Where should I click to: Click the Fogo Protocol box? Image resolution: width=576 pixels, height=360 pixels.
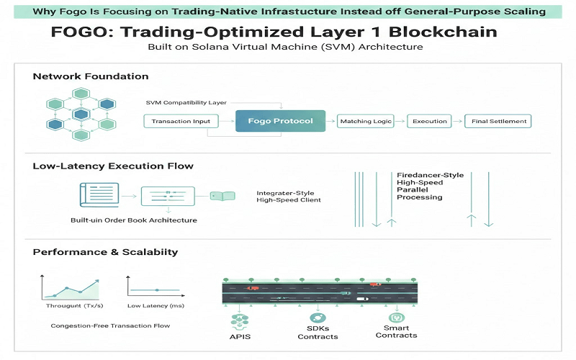pos(280,121)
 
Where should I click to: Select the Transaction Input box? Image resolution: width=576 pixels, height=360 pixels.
pos(181,121)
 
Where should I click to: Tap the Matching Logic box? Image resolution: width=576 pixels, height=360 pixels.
pos(366,121)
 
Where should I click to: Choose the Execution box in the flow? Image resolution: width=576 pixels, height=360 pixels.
pos(429,121)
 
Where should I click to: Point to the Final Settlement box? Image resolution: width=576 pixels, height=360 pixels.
pos(498,121)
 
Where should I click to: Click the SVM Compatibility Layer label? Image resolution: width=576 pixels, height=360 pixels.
pos(186,102)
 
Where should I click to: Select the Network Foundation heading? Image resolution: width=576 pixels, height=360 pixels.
pos(91,76)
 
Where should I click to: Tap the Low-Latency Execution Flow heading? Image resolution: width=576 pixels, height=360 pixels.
pos(113,166)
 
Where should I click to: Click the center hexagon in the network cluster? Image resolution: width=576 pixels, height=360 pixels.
pos(81,114)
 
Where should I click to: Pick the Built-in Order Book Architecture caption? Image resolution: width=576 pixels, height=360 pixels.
pos(134,220)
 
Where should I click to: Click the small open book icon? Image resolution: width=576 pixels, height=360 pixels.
pos(222,196)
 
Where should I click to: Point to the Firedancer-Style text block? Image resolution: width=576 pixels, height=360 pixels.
pos(430,186)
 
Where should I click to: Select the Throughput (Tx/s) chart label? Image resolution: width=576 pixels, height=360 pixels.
pos(75,305)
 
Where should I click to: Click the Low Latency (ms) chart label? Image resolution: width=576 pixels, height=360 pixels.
pos(156,305)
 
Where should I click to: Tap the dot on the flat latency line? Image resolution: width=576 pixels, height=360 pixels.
pos(157,290)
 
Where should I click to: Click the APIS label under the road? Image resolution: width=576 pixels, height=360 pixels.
pos(240,336)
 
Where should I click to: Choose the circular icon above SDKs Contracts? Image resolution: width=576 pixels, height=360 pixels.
pos(318,318)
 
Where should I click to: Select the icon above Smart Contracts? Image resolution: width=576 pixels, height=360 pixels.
pos(397,318)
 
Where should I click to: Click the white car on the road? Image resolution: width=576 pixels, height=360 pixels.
pos(362,299)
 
